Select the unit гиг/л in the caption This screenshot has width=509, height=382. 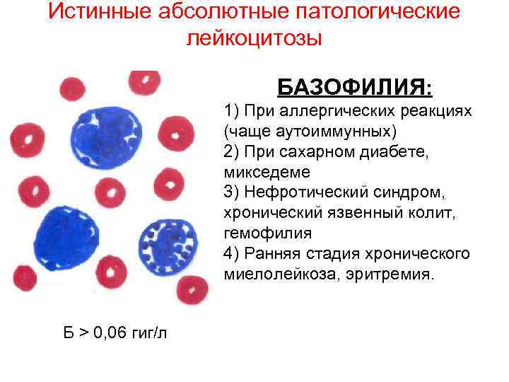click(148, 332)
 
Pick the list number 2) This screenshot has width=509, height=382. click(233, 151)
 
